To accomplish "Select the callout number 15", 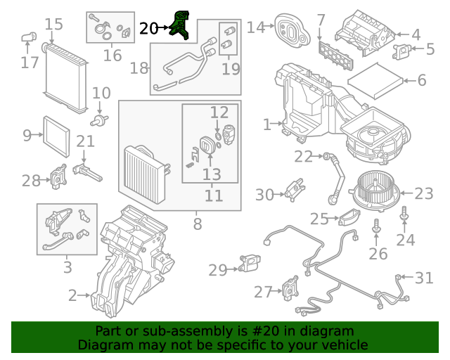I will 54,25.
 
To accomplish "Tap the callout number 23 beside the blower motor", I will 424,193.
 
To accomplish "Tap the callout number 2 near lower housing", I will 72,296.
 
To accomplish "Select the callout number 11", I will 213,195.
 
